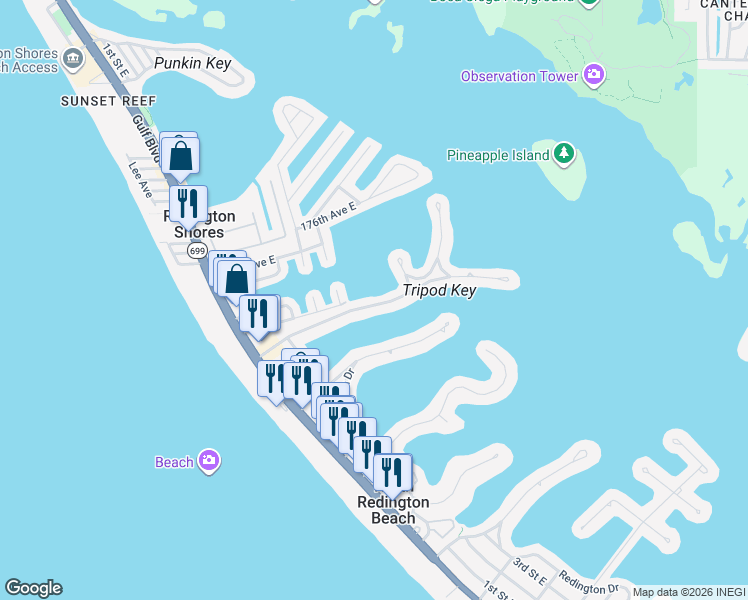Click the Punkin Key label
pyautogui.click(x=193, y=64)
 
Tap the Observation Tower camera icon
pyautogui.click(x=594, y=76)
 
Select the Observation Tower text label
pyautogui.click(x=519, y=77)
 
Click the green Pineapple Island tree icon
pyautogui.click(x=565, y=154)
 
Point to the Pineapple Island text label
pyautogui.click(x=497, y=155)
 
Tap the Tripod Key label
pyautogui.click(x=439, y=290)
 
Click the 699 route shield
pyautogui.click(x=197, y=251)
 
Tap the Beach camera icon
pyautogui.click(x=209, y=461)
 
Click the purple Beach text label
pyautogui.click(x=174, y=462)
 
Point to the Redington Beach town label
pyautogui.click(x=393, y=510)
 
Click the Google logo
pyautogui.click(x=33, y=588)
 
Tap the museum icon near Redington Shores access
pyautogui.click(x=73, y=59)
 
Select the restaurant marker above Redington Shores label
pyautogui.click(x=188, y=204)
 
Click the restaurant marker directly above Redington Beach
pyautogui.click(x=393, y=472)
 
